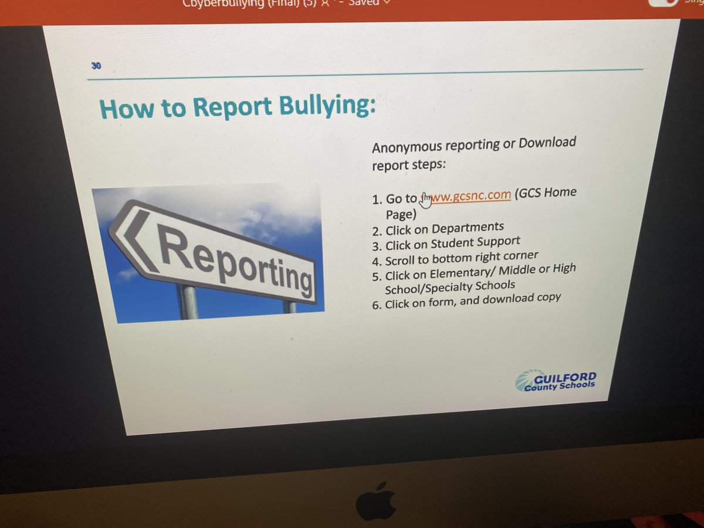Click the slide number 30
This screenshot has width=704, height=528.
(x=96, y=66)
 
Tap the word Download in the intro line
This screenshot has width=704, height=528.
(x=547, y=143)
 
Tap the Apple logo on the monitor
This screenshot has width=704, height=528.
(x=376, y=502)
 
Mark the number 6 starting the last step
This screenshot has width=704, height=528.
(x=377, y=305)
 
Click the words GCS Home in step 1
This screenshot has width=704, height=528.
(x=546, y=193)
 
